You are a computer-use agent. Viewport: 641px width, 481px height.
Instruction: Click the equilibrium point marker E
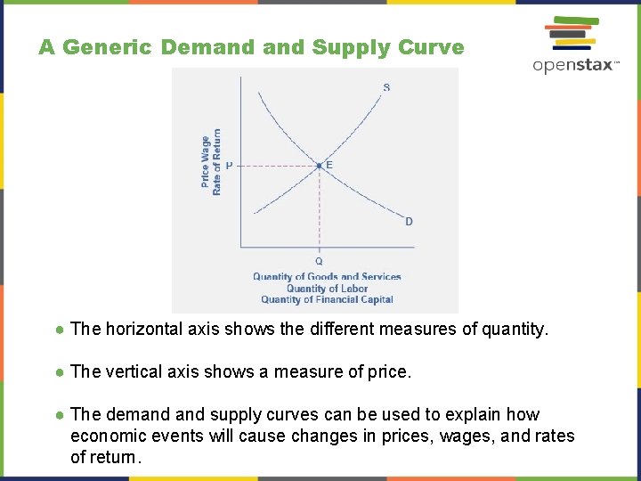click(x=320, y=166)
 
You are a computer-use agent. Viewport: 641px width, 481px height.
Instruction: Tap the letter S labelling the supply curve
click(x=386, y=87)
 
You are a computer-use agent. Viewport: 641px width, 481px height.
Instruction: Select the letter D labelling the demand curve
click(x=409, y=222)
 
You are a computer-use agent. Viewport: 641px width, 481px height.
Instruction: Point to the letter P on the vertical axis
click(x=229, y=166)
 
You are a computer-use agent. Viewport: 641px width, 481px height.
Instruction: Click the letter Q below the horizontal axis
click(x=320, y=261)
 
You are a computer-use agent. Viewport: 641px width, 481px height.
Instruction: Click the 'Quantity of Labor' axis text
click(x=327, y=289)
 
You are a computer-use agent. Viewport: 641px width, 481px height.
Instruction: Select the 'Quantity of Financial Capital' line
click(x=327, y=300)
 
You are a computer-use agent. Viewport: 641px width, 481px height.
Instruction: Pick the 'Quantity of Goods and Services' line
click(x=327, y=277)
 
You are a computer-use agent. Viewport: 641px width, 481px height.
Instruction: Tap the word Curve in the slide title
click(x=433, y=47)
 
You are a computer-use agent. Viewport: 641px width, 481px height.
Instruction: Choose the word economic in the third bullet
click(x=105, y=436)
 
